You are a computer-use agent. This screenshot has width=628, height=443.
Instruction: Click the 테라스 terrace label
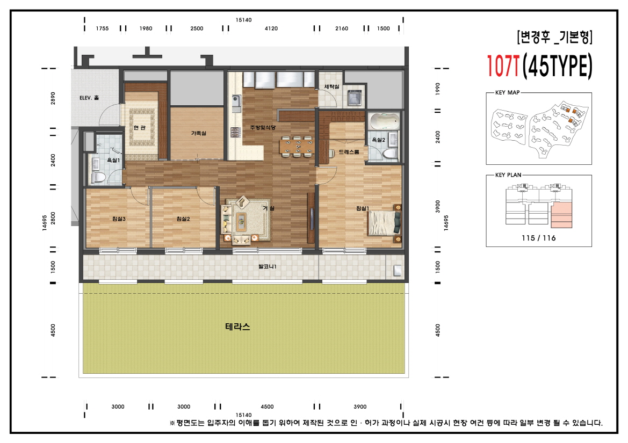tap(237, 326)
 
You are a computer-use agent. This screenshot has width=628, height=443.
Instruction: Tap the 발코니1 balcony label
tap(267, 266)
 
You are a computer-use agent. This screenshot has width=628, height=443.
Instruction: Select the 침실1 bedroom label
tap(363, 208)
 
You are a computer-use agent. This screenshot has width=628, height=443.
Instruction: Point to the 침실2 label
tap(183, 219)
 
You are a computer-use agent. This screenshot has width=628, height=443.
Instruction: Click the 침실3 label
tap(119, 219)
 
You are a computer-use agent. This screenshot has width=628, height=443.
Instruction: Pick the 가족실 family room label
tap(198, 133)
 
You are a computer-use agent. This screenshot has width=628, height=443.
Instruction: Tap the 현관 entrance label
tap(139, 128)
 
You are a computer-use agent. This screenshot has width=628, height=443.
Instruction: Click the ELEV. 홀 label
tap(89, 98)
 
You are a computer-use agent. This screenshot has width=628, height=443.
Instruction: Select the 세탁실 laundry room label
tap(331, 86)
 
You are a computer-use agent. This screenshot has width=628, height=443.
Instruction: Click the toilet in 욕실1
tap(98, 177)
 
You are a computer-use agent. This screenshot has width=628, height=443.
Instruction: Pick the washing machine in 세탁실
tap(355, 97)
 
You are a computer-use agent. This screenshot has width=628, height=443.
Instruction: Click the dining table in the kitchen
tap(297, 147)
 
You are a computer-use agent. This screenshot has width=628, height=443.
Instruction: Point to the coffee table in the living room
tap(241, 221)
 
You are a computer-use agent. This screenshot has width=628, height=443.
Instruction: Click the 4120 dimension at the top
tap(271, 28)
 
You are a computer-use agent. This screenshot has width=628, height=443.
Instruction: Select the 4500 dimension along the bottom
tap(267, 406)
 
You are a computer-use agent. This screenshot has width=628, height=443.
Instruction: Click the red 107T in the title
tap(503, 66)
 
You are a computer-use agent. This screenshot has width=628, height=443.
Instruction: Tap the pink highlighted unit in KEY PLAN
tap(561, 215)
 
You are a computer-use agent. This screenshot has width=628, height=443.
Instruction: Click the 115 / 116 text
tap(539, 238)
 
